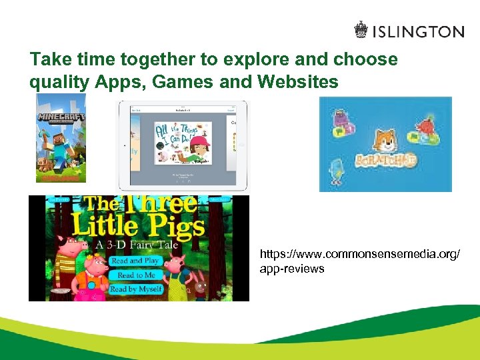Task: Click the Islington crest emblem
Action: point(361,31)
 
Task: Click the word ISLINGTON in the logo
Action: point(418,32)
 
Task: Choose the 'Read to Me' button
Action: point(136,275)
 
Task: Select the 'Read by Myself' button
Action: point(137,289)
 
